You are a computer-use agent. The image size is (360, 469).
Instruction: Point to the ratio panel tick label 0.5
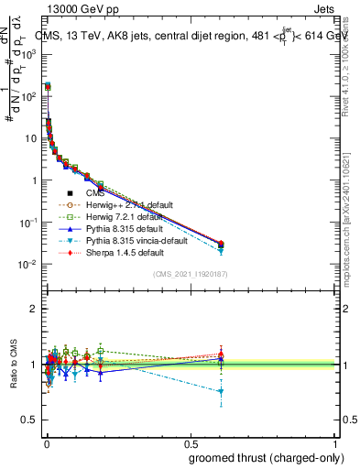(x=29, y=420)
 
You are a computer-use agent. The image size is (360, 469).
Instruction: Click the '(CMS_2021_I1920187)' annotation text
(x=190, y=274)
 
